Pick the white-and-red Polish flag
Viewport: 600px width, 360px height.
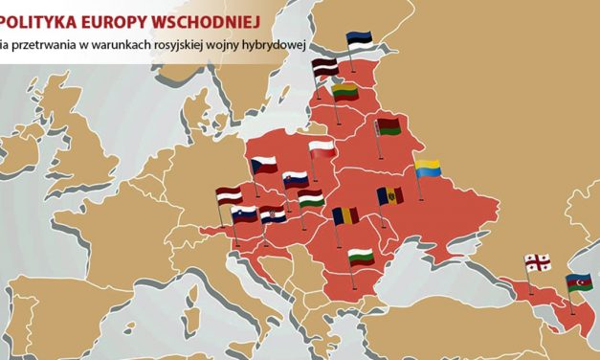point(322,148)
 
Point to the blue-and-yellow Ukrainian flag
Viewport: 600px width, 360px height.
point(427,168)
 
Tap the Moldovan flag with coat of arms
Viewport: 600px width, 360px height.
point(390,195)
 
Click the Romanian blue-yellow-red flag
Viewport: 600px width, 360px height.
point(345,215)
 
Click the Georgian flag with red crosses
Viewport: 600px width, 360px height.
point(537,261)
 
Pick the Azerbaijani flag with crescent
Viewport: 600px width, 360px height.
point(578,282)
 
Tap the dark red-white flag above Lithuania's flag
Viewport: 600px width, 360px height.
point(326,67)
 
